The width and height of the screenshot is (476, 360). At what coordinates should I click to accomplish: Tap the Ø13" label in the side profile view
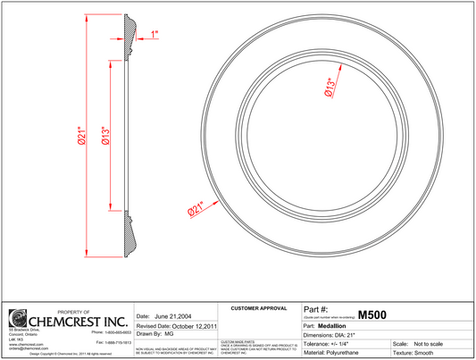coord(105,136)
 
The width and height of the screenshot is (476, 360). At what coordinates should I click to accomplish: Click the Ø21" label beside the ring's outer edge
coord(196,208)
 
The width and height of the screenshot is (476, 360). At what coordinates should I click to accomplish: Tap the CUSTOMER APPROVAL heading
coord(258,308)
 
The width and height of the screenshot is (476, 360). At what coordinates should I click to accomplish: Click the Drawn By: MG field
coord(155,333)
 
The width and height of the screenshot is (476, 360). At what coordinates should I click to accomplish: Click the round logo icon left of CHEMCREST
coord(18,320)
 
